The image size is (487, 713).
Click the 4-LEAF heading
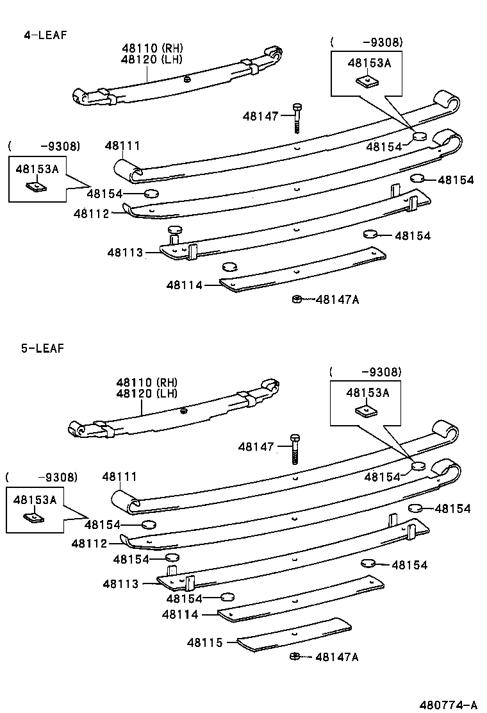[45, 35]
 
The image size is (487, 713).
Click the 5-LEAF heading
[42, 348]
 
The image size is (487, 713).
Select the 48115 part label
[204, 642]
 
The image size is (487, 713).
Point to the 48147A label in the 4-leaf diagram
[337, 299]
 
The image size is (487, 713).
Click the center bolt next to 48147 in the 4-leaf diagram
[297, 117]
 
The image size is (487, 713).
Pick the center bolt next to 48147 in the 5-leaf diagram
[294, 448]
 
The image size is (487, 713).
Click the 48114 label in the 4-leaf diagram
[185, 285]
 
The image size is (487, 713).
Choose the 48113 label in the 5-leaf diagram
[120, 583]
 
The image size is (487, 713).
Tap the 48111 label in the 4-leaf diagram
[122, 146]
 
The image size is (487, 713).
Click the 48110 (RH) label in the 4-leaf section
[152, 47]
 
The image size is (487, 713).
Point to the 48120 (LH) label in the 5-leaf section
[147, 393]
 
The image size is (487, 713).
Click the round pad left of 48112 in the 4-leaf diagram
[151, 194]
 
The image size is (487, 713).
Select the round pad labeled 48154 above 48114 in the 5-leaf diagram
[227, 598]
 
